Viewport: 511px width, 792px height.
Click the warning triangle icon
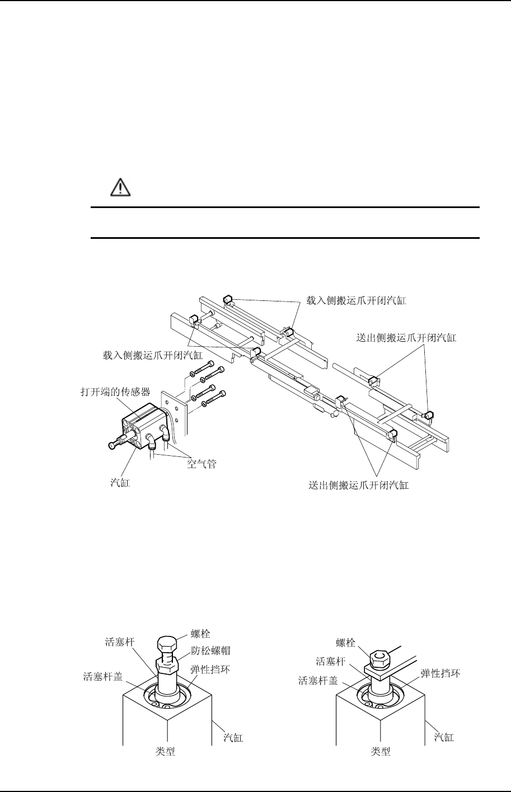click(x=120, y=187)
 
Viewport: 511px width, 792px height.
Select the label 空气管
click(x=201, y=464)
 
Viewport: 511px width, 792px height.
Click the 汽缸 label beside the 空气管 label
click(x=119, y=482)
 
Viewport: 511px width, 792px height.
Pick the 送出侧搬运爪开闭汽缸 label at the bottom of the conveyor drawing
click(x=359, y=485)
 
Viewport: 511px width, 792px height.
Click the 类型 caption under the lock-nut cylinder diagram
click(x=165, y=752)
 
